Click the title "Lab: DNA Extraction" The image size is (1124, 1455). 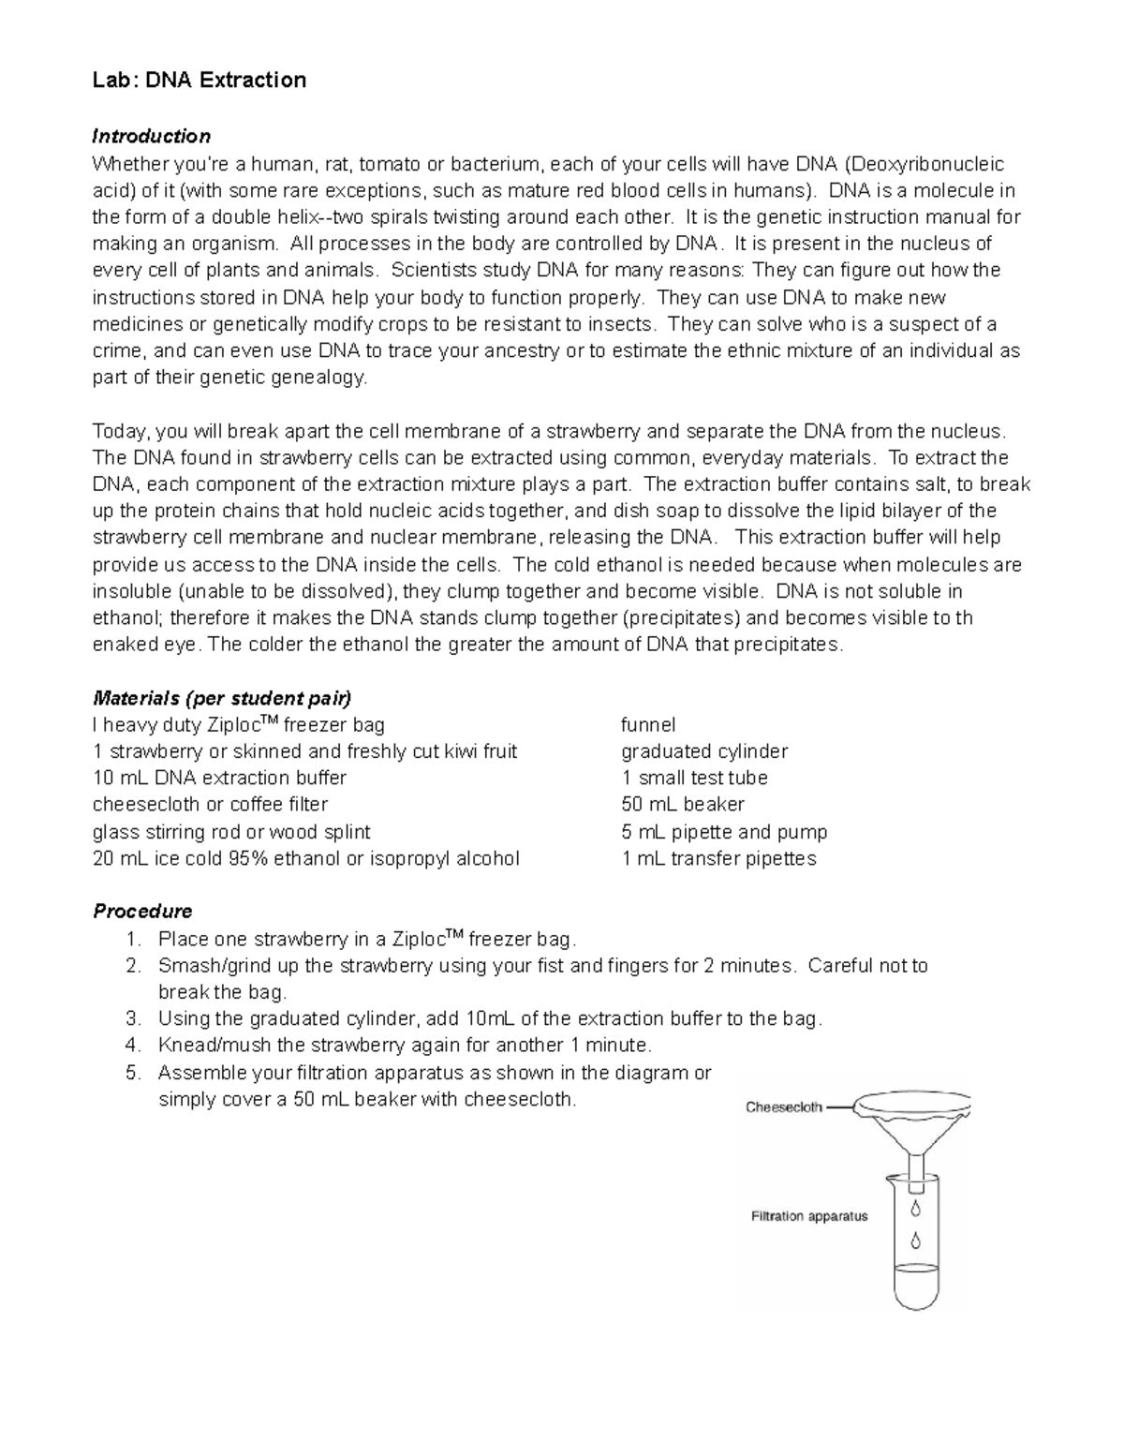pos(199,81)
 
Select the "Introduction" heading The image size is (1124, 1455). pos(151,137)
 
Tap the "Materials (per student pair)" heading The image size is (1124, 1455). pos(222,699)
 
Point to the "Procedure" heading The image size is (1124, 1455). pos(142,912)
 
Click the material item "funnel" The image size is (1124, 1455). pos(648,725)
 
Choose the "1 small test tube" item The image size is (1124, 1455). pos(694,779)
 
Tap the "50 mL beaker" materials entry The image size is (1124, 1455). pos(683,805)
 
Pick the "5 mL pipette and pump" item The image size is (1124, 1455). pos(724,832)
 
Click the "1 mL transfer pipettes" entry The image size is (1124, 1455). pos(718,859)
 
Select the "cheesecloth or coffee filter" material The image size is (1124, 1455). pos(210,805)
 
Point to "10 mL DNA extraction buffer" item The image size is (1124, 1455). pos(219,779)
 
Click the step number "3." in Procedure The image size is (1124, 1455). pos(133,1019)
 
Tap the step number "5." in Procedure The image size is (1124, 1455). pos(133,1073)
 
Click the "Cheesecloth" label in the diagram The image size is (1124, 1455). pos(784,1107)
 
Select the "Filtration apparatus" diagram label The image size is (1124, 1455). pos(809,1217)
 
